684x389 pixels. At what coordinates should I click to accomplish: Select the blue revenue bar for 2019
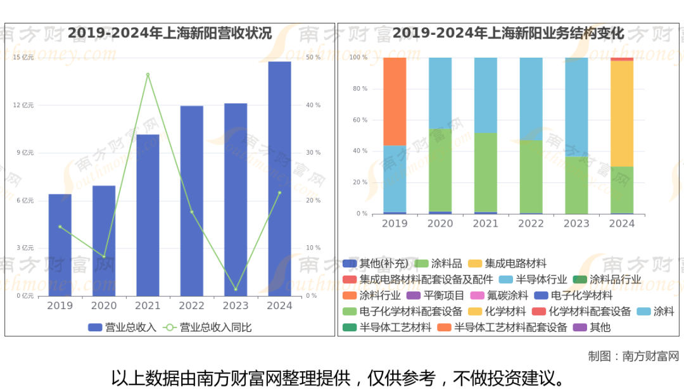pyautogui.click(x=60, y=245)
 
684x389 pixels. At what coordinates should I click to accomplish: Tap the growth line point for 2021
pyautogui.click(x=148, y=75)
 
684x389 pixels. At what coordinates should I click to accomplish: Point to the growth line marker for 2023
pyautogui.click(x=236, y=290)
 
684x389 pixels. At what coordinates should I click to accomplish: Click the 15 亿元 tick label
pyautogui.click(x=23, y=58)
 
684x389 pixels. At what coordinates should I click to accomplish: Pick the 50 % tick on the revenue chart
pyautogui.click(x=313, y=58)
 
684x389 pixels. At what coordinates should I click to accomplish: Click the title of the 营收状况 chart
pyautogui.click(x=170, y=34)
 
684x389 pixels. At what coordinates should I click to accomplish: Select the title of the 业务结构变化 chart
pyautogui.click(x=508, y=34)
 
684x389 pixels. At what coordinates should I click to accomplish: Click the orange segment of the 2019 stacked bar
pyautogui.click(x=395, y=101)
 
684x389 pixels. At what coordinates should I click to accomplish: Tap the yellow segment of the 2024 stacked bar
pyautogui.click(x=622, y=113)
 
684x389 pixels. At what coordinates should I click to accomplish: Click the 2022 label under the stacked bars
pyautogui.click(x=531, y=224)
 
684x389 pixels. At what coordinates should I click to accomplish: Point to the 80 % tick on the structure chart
pyautogui.click(x=359, y=89)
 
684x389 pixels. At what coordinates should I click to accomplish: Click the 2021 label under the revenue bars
pyautogui.click(x=148, y=306)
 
